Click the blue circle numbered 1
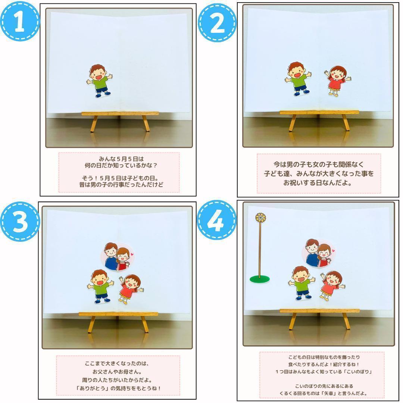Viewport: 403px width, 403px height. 20,21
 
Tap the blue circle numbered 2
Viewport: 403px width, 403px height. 217,22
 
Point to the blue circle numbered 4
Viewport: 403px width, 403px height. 216,220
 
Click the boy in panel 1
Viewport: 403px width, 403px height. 100,81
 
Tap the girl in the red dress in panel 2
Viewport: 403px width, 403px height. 337,81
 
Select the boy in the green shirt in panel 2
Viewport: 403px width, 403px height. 298,79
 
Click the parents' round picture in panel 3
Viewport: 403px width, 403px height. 118,256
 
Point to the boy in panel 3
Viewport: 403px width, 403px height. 100,286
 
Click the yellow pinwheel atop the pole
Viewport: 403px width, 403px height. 260,218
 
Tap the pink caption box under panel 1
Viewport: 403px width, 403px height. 119,172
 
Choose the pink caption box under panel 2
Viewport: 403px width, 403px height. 319,174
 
